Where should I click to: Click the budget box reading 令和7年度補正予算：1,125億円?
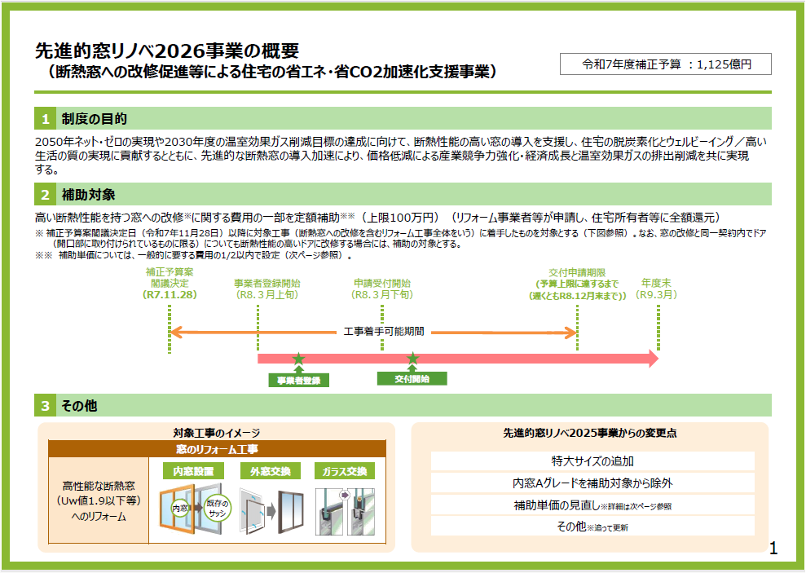[665, 64]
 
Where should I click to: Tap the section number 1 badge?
[46, 119]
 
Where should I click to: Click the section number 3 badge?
[46, 405]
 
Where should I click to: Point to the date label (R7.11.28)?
[170, 294]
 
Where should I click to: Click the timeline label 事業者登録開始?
[266, 283]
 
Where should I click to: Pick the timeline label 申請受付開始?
[382, 283]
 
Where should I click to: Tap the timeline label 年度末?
[656, 283]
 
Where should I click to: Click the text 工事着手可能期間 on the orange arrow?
[382, 333]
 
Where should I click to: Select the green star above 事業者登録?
[298, 359]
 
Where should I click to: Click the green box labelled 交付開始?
[412, 379]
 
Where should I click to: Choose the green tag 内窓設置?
[193, 471]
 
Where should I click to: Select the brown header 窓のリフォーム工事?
[217, 449]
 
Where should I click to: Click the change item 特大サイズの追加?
[592, 461]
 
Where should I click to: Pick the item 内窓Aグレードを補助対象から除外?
[592, 483]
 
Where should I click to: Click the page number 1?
[773, 549]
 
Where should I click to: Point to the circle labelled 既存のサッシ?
[218, 508]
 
